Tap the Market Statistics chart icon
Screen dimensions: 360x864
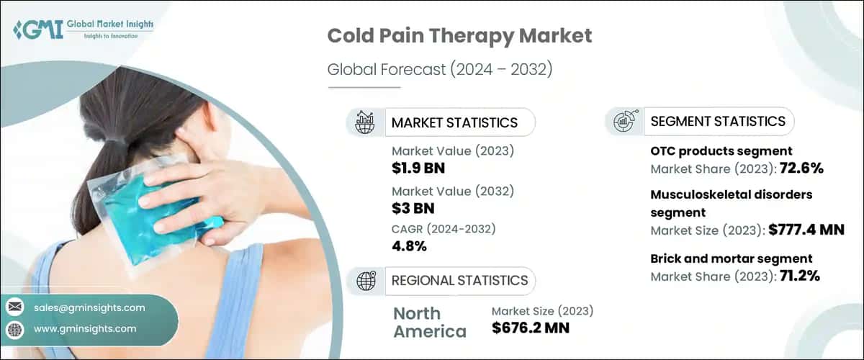pyautogui.click(x=365, y=122)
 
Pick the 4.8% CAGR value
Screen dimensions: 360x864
pyautogui.click(x=410, y=246)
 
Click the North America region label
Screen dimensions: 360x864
pyautogui.click(x=430, y=322)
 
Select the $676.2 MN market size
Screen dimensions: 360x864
pyautogui.click(x=531, y=329)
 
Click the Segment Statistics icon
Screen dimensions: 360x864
pyautogui.click(x=624, y=122)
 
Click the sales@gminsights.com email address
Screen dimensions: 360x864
pyautogui.click(x=89, y=307)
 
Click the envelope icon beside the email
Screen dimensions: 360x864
pyautogui.click(x=14, y=307)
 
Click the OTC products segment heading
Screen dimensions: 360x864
pyautogui.click(x=721, y=151)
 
